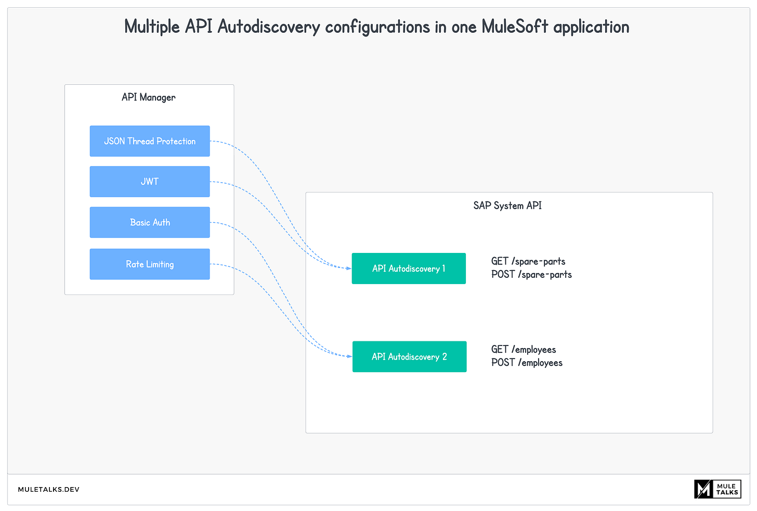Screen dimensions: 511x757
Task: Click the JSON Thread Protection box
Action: (x=150, y=141)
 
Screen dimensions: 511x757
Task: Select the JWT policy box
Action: (x=150, y=182)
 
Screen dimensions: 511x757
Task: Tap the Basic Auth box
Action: (x=150, y=222)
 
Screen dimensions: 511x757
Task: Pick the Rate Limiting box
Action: (x=150, y=264)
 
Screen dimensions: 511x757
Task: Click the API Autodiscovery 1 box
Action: (x=409, y=269)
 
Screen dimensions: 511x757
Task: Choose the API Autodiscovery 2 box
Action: (x=409, y=356)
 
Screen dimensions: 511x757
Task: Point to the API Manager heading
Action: (x=149, y=97)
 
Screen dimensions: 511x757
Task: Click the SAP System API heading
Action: (x=507, y=206)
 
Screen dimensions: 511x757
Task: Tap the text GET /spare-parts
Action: (x=528, y=261)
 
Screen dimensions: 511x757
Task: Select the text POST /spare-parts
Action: (x=531, y=274)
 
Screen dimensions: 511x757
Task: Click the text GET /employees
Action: (x=524, y=349)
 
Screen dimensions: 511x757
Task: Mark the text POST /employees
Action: (x=527, y=363)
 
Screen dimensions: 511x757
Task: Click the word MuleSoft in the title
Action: (x=515, y=27)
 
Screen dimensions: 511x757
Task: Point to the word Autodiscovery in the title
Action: (x=268, y=27)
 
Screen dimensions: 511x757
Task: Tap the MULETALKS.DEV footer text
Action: (x=49, y=490)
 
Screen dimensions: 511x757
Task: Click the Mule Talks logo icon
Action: (x=703, y=489)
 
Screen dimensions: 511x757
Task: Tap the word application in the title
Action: (x=591, y=27)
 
